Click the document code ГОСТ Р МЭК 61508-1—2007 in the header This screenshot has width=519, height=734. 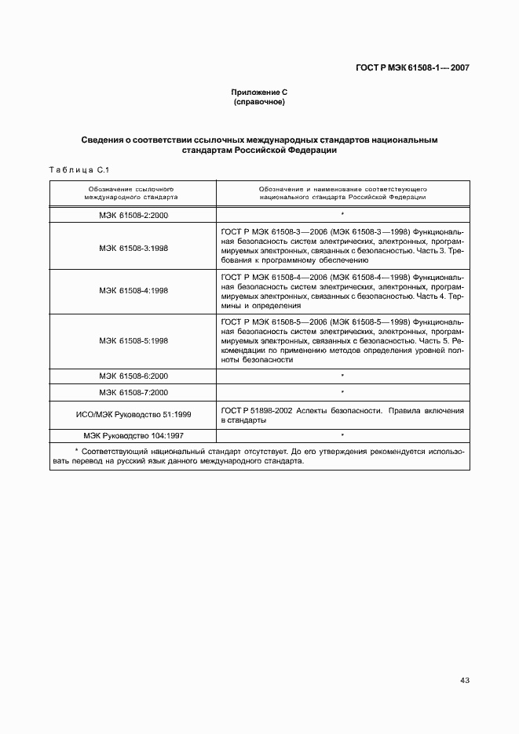tap(408, 68)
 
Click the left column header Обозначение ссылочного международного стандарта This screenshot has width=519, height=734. tap(133, 194)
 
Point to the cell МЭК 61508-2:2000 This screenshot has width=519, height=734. tap(133, 214)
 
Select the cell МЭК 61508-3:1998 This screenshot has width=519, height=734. tap(133, 248)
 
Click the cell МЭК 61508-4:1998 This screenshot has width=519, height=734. tap(133, 290)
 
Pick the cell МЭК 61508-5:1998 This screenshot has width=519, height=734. tap(133, 341)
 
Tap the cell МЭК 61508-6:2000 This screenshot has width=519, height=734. tap(133, 376)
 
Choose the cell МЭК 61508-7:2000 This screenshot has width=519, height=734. tap(133, 392)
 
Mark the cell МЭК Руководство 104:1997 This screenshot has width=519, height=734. tap(133, 434)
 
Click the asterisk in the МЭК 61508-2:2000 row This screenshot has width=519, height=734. tap(342, 214)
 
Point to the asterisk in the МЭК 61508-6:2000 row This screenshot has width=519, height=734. tap(342, 376)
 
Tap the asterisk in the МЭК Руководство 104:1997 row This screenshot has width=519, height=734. tap(342, 434)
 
